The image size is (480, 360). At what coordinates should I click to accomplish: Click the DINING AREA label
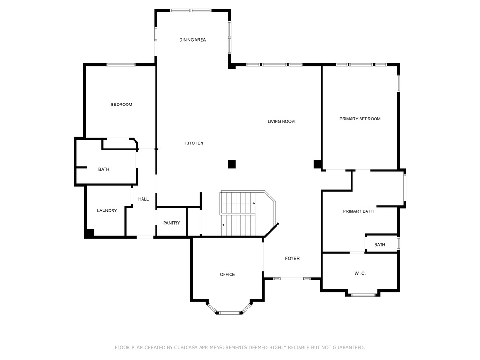[x=193, y=40]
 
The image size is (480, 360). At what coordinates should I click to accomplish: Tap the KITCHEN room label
[x=194, y=143]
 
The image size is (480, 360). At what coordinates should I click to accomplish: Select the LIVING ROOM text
[x=281, y=121]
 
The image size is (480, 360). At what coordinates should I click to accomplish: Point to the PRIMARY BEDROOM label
[x=360, y=119]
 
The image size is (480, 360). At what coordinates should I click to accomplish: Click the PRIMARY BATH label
[x=358, y=211]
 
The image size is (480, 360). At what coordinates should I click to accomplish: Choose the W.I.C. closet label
[x=360, y=273]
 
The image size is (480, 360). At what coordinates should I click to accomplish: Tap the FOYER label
[x=292, y=258]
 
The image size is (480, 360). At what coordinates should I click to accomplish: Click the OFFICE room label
[x=227, y=274]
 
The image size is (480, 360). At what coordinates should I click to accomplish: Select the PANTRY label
[x=172, y=223]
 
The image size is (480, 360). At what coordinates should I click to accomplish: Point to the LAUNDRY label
[x=107, y=210]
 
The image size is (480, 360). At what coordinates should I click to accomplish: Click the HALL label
[x=143, y=199]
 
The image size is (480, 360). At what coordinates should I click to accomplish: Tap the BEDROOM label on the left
[x=121, y=105]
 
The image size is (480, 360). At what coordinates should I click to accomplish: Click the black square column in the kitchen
[x=232, y=165]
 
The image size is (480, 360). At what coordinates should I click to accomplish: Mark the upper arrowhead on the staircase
[x=254, y=203]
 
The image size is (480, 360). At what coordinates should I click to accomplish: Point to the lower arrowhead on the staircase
[x=223, y=225]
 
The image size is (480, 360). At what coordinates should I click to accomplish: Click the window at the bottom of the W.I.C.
[x=363, y=295]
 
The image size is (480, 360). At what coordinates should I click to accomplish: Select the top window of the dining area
[x=191, y=10]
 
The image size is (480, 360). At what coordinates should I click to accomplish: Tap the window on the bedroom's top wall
[x=121, y=65]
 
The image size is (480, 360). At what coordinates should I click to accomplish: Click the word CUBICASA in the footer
[x=186, y=347]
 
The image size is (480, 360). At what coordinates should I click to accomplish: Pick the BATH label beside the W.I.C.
[x=380, y=245]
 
